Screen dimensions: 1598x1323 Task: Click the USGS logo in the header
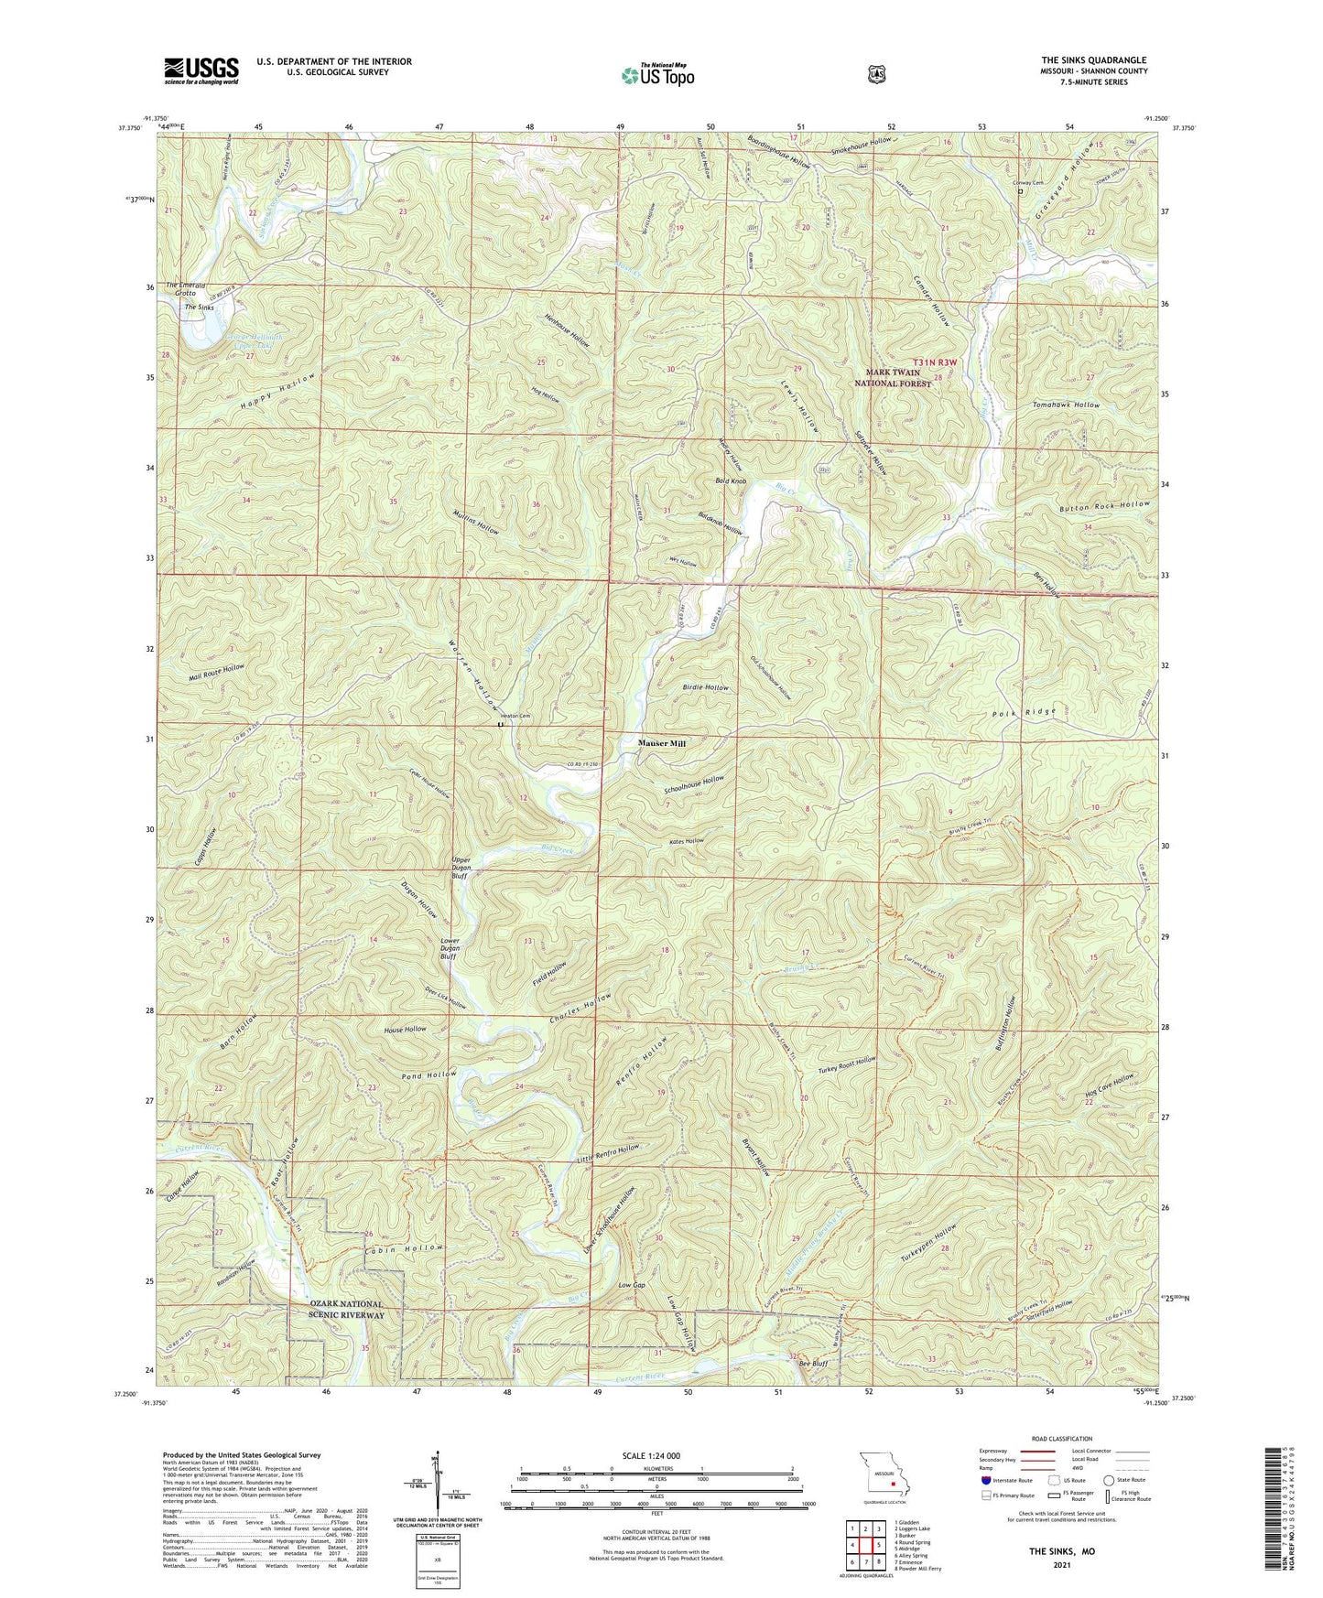(x=201, y=70)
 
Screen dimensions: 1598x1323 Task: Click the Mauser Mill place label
(x=661, y=744)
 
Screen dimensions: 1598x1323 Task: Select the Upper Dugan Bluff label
(x=461, y=868)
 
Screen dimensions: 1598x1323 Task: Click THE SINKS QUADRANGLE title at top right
(x=1093, y=59)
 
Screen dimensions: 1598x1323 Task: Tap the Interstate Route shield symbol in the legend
(x=985, y=1479)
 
